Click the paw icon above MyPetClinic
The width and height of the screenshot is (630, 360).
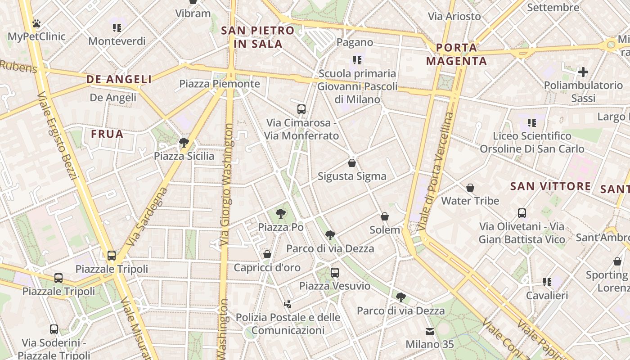point(36,23)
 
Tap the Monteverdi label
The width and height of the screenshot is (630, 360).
point(117,41)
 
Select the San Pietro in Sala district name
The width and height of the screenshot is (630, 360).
point(258,37)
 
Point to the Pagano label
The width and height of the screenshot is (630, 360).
point(355,42)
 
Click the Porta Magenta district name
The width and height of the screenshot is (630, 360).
point(456,54)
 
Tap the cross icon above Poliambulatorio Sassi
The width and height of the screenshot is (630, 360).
point(583,72)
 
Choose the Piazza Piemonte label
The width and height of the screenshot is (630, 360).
point(220,84)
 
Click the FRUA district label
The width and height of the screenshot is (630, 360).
point(107,134)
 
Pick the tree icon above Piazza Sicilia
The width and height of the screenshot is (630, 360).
point(184,143)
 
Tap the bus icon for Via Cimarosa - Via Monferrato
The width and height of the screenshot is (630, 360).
point(301,109)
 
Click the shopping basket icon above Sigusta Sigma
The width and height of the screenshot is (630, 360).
point(352,162)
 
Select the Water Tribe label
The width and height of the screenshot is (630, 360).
point(470,201)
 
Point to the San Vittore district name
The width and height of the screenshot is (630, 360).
point(551,186)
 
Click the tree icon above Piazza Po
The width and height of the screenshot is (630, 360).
point(281,213)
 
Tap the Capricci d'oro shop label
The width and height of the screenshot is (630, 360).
point(267,268)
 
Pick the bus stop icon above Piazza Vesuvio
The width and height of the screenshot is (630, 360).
point(334,272)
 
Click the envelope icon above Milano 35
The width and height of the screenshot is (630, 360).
point(430,332)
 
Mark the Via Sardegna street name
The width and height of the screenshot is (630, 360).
point(147,216)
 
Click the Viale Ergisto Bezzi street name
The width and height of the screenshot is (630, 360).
point(59,135)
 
